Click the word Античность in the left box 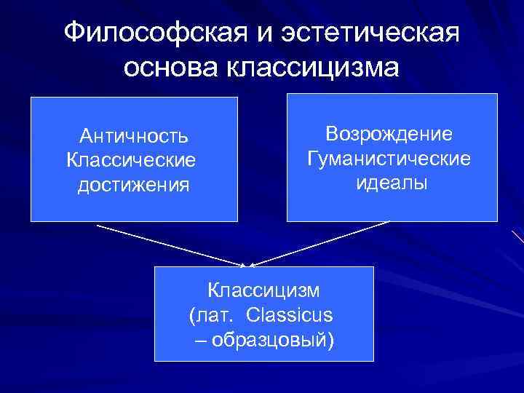coord(135,135)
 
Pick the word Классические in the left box coord(131,159)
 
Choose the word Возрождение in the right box coord(389,133)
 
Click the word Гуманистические coord(389,157)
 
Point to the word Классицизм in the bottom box coord(263,290)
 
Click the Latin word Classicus coord(289,315)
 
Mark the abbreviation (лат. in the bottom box coord(213,315)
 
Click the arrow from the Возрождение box coord(320,244)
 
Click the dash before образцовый coord(200,340)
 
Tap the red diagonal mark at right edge coord(517,237)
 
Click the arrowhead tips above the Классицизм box coord(247,265)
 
